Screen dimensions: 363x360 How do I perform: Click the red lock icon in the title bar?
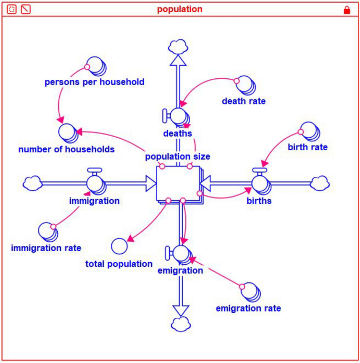[x=346, y=9]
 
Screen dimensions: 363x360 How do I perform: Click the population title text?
[x=180, y=9]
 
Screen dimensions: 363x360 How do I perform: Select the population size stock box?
[x=179, y=183]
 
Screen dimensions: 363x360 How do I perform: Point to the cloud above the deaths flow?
[x=179, y=46]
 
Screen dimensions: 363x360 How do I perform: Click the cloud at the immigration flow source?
[x=33, y=183]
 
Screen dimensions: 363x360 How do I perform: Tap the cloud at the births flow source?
[x=320, y=183]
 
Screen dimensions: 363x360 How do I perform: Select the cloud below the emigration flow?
[x=180, y=323]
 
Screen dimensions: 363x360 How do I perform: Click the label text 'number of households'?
[x=66, y=149]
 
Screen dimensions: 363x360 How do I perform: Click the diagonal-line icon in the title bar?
[x=25, y=9]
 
